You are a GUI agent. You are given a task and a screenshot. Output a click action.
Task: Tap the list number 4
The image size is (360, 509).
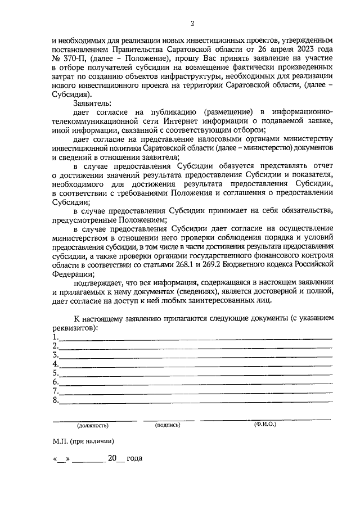(x=55, y=364)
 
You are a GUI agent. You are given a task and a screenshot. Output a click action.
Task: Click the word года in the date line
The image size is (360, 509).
(x=134, y=458)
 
